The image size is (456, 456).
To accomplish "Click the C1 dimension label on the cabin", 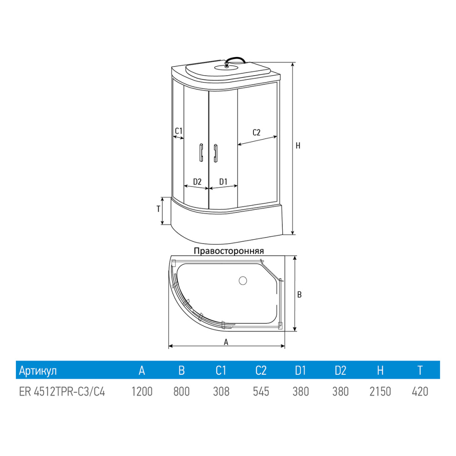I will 179,131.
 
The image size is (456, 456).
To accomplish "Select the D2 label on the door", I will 197,181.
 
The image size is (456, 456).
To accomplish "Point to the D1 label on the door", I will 223,181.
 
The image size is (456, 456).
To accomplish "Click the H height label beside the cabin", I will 298,146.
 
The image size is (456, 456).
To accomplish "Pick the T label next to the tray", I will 158,209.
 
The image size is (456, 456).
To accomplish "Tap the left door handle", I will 200,152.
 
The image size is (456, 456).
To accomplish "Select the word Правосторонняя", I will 229,251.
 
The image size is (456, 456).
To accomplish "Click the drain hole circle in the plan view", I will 243,280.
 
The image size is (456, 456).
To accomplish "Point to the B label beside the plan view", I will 299,295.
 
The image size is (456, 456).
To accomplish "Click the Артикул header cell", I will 38,371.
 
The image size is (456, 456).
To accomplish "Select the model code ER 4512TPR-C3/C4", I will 62,391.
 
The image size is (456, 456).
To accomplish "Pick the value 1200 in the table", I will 141,391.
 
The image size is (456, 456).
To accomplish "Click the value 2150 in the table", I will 380,391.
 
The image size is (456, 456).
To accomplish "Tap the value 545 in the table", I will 261,391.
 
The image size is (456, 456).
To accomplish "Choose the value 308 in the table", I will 221,391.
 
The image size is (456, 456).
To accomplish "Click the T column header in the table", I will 420,371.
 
